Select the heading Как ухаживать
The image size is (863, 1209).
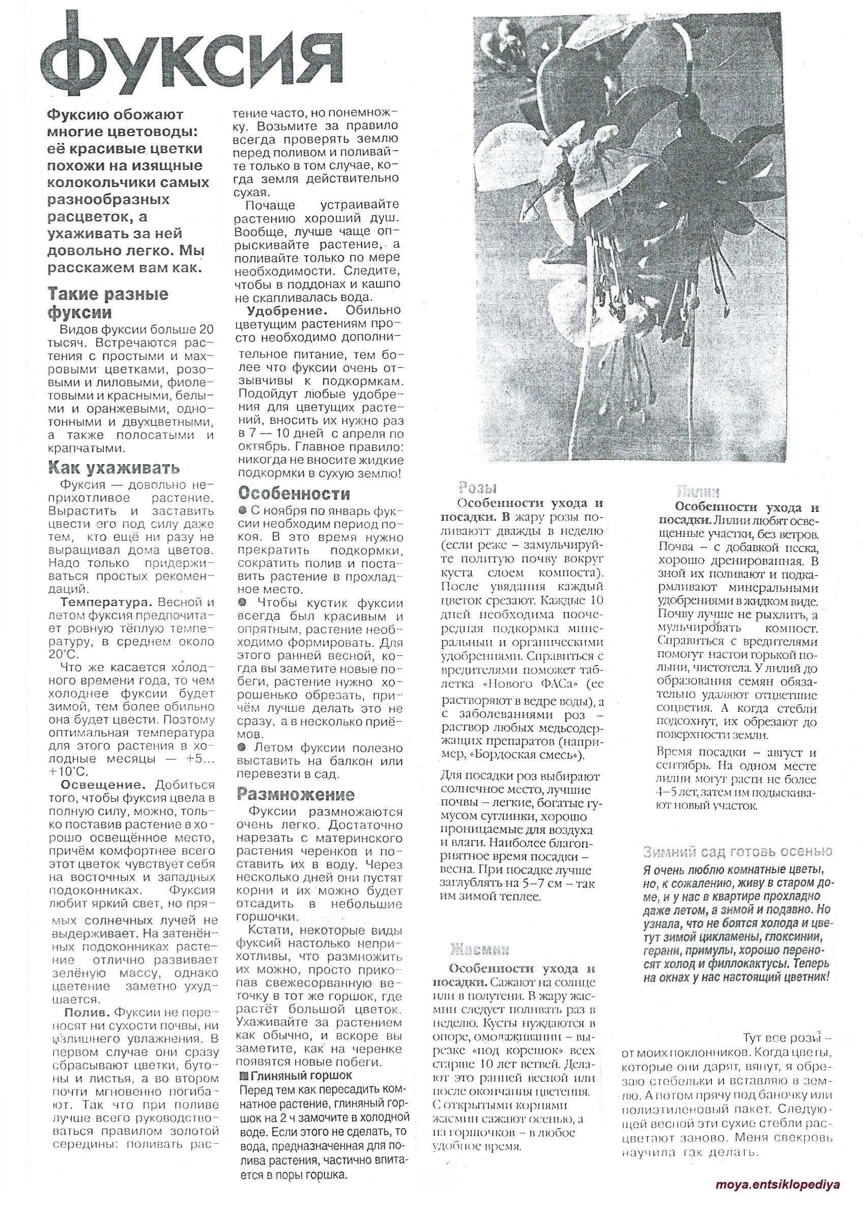[114, 468]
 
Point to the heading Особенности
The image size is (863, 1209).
[294, 493]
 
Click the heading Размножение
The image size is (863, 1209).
[296, 794]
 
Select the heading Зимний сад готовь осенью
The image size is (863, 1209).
[738, 852]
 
